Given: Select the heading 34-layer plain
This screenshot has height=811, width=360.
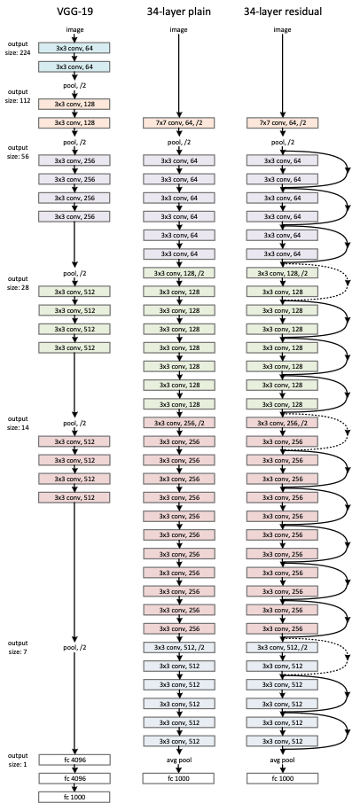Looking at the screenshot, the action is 178,11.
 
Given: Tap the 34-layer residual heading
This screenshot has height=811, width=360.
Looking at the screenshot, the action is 282,11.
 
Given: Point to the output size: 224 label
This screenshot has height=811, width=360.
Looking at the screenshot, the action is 17,48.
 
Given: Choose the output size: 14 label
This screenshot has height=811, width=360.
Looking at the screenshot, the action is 17,423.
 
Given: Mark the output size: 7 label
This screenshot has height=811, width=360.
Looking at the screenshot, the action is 17,646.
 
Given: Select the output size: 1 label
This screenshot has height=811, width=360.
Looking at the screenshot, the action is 17,760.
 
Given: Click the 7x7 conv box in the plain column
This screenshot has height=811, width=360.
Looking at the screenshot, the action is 178,123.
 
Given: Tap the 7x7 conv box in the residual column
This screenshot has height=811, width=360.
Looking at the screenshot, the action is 282,123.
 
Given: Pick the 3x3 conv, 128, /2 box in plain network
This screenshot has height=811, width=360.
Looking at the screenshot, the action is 178,273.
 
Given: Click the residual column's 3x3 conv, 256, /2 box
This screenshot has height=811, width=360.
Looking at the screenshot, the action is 282,423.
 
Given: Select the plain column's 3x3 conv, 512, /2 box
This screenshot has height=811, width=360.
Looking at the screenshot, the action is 178,647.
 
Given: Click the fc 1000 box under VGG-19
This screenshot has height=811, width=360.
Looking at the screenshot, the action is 74,797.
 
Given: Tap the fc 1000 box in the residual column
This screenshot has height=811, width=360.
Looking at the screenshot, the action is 282,778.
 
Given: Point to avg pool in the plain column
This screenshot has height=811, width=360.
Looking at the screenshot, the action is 178,760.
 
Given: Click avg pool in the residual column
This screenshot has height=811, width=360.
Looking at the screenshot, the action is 282,760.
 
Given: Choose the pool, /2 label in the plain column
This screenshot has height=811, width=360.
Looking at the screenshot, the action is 178,142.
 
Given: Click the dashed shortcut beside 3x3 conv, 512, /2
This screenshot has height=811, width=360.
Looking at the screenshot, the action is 348,657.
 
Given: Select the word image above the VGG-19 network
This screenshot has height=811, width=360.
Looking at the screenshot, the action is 74,29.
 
